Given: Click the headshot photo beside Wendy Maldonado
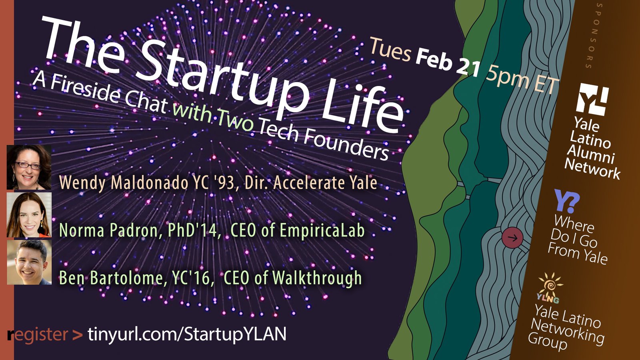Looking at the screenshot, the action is tap(29, 167).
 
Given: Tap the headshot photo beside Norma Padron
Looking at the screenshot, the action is tap(29, 214).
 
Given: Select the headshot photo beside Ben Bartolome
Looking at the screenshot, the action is tap(29, 262).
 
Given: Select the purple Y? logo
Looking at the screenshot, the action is tap(567, 201).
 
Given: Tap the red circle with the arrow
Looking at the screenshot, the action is tap(512, 238).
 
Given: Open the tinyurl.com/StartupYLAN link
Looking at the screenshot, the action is tap(187, 334).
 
